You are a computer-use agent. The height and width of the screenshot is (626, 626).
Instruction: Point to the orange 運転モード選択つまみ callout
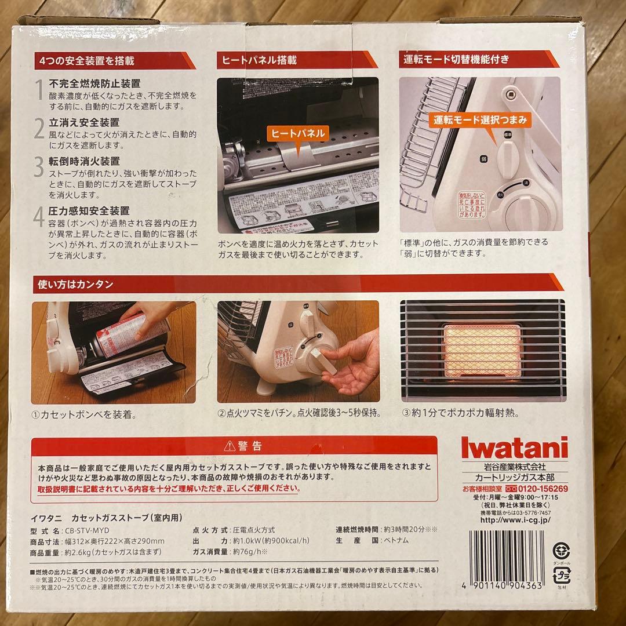481,121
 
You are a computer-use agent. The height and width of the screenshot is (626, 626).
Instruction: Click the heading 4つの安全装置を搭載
87,61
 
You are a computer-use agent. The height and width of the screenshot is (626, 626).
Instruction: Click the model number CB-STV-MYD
86,530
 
